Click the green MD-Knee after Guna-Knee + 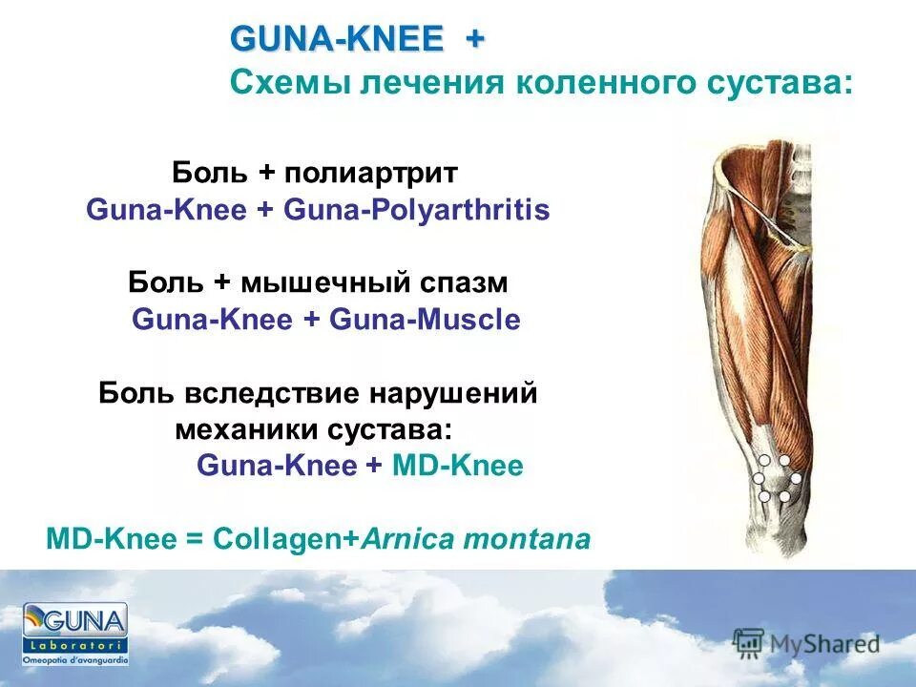point(457,467)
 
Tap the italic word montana point(526,539)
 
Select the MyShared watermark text point(825,645)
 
